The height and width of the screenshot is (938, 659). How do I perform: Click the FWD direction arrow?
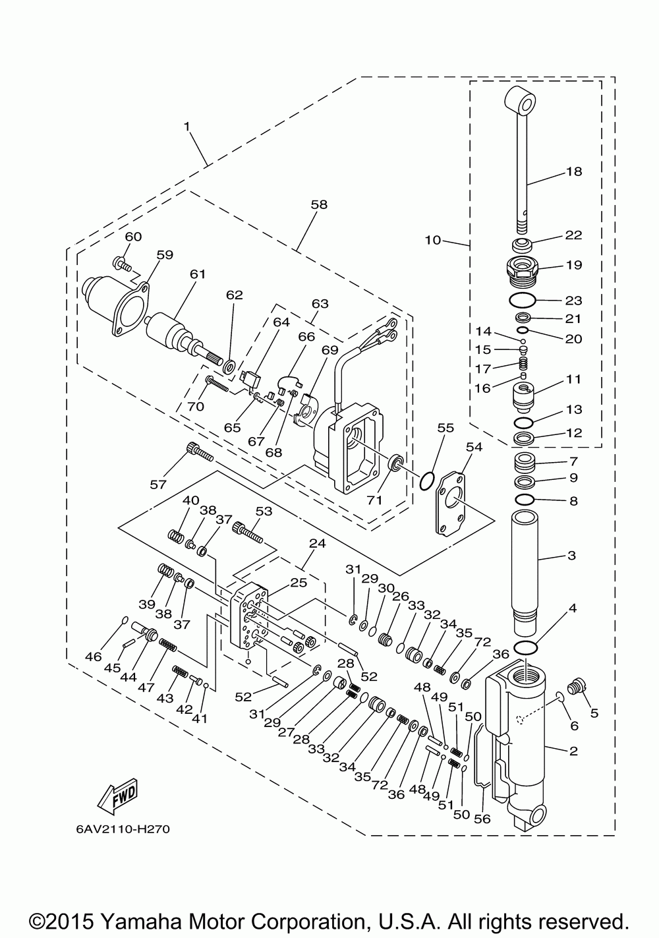(x=117, y=796)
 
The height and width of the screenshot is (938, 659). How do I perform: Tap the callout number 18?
(x=574, y=171)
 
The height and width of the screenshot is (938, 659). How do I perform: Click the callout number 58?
(x=319, y=204)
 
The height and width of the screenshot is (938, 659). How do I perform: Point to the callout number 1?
(x=186, y=126)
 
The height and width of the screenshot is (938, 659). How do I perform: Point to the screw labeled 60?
(x=122, y=264)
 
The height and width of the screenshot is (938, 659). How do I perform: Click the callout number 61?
(x=198, y=274)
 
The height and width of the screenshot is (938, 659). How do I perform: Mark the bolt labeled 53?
(x=247, y=533)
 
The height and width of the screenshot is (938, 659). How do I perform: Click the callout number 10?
(x=433, y=240)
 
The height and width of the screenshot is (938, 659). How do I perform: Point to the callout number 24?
(x=318, y=544)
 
